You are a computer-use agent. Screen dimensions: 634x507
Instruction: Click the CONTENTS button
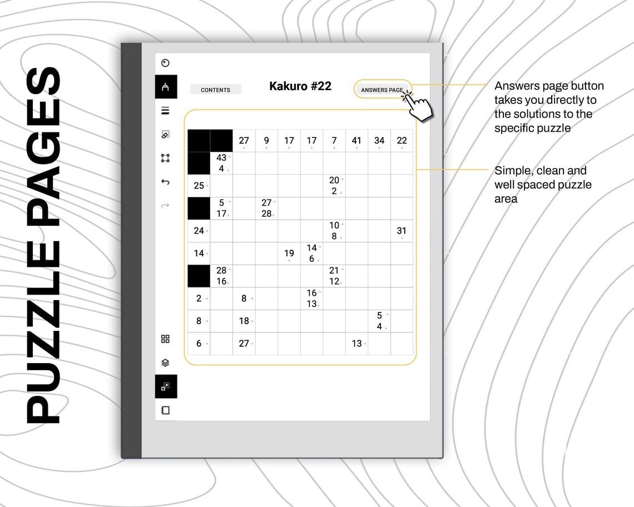216,90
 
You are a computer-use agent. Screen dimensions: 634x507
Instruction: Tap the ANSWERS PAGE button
382,90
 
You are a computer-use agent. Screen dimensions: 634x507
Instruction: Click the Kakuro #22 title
300,86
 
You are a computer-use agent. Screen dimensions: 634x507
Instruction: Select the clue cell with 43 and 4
221,163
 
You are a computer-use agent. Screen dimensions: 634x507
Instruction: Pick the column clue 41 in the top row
356,140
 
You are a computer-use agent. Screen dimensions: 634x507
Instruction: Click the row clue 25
199,186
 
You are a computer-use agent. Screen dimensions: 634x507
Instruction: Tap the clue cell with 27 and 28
266,208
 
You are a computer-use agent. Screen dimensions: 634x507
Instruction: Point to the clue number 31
401,231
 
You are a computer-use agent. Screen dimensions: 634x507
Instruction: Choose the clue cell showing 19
289,253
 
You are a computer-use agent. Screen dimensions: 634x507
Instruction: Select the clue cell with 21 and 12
334,276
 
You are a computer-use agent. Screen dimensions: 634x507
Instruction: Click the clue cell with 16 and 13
311,299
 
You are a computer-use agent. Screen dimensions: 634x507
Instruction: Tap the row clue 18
244,321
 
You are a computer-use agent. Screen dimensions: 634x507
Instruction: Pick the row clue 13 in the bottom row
356,344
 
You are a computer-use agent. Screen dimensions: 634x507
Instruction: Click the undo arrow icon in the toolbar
165,182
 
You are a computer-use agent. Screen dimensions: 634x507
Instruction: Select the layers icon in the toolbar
165,362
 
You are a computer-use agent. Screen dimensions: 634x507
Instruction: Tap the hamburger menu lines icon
165,111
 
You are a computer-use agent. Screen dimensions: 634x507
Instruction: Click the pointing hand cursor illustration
419,106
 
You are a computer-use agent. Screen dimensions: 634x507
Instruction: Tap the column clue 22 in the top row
402,140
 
